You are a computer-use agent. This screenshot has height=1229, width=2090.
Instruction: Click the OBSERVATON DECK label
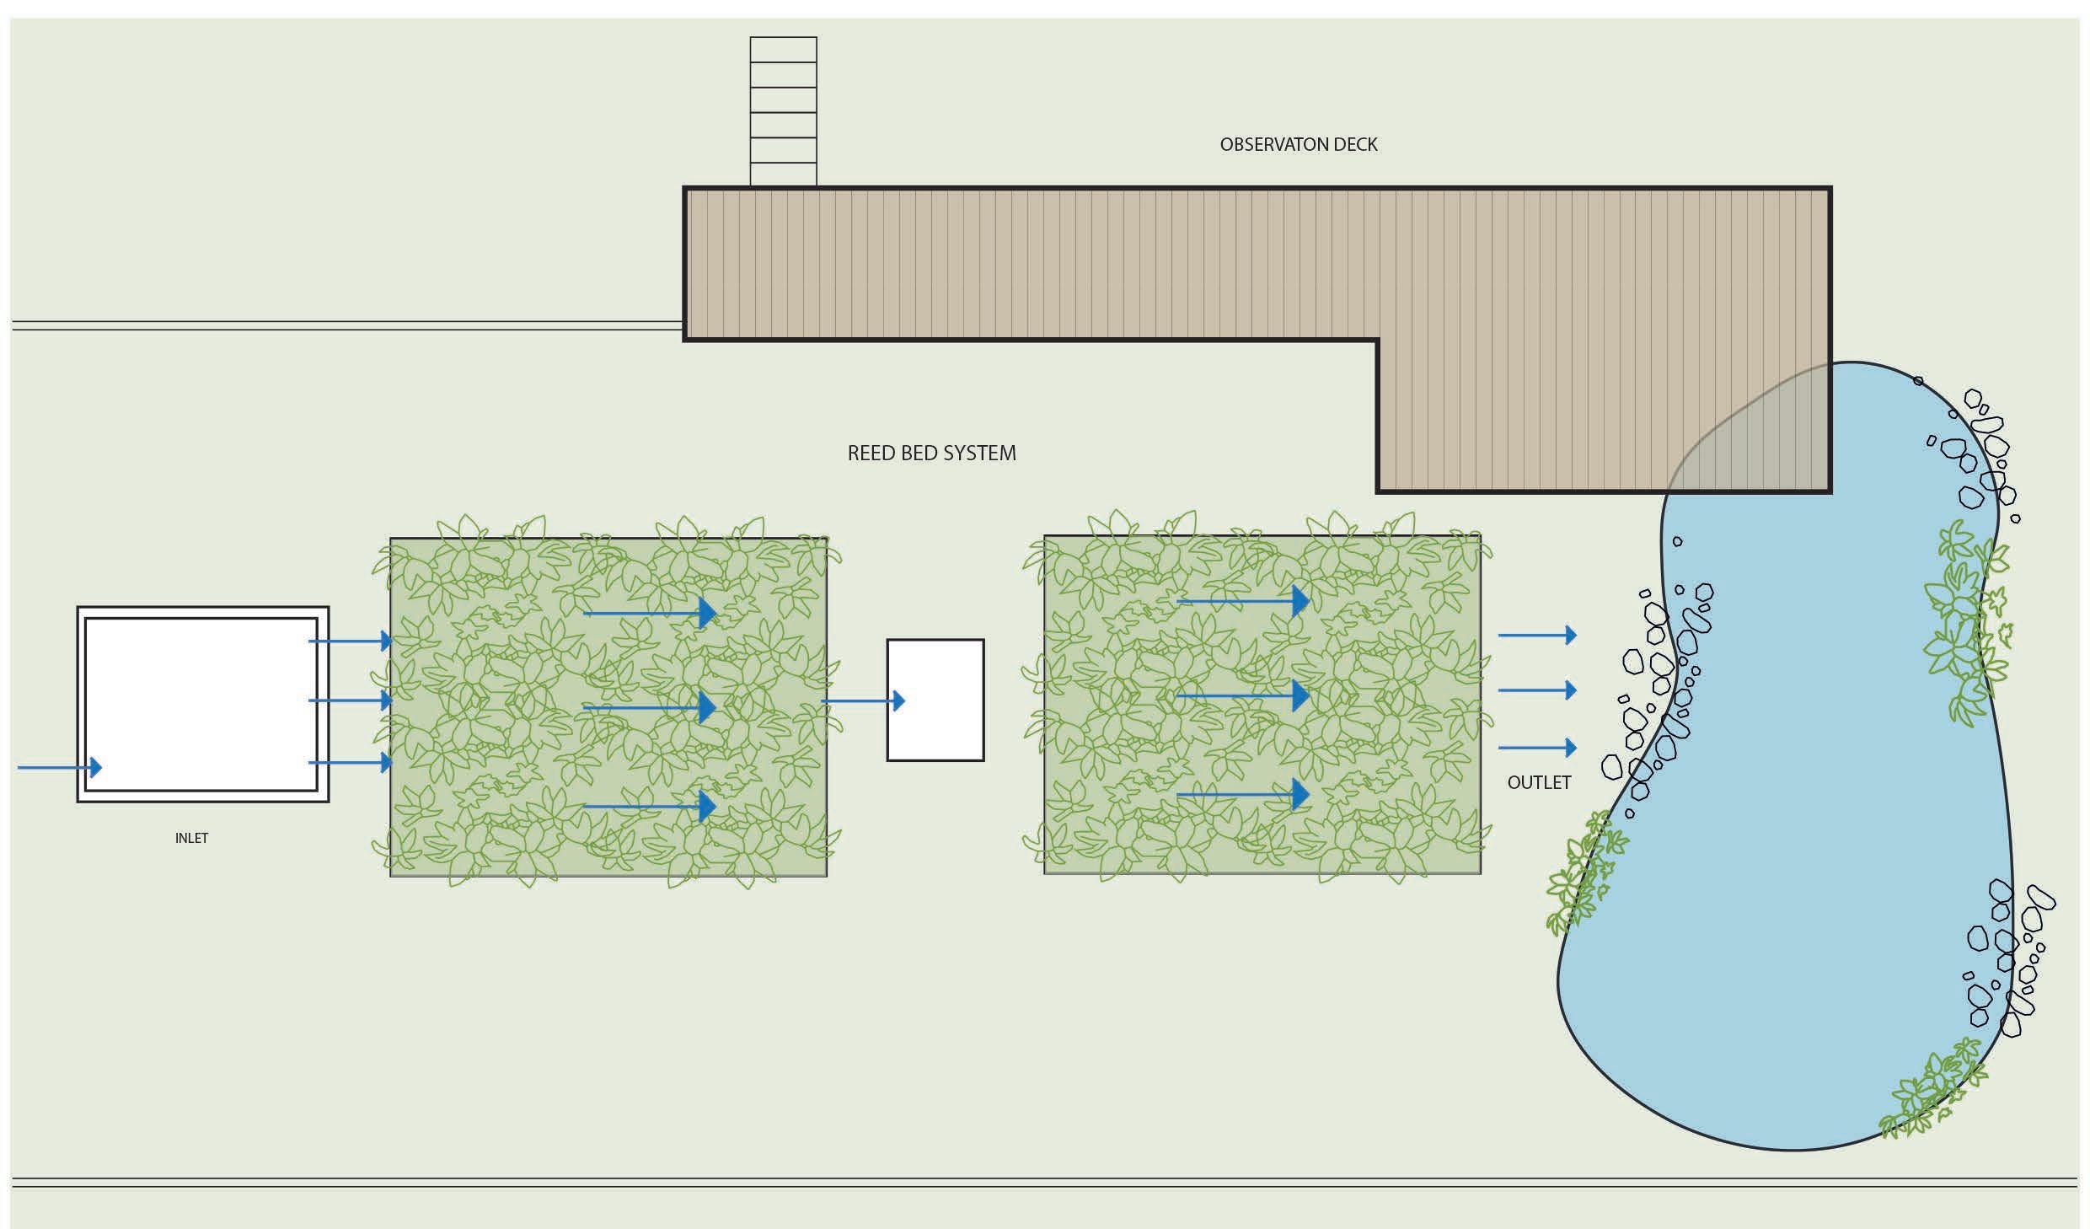coord(1298,144)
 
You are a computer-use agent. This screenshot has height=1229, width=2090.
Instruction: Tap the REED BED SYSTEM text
coord(931,453)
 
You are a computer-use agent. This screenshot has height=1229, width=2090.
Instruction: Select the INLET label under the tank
coord(191,838)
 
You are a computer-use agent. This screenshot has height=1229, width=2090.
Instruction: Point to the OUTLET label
coord(1539,783)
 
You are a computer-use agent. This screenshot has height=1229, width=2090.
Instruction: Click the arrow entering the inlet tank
coord(60,767)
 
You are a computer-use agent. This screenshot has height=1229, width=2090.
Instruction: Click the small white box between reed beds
coord(935,700)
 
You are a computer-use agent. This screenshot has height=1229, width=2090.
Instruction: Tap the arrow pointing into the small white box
coord(863,700)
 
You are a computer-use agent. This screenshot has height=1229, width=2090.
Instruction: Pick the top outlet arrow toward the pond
coord(1537,635)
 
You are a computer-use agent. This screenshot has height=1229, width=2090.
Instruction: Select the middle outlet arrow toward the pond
coord(1537,690)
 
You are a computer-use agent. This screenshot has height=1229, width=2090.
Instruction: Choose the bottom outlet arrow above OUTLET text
coord(1537,747)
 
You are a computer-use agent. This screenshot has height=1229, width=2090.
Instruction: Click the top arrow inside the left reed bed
coord(650,613)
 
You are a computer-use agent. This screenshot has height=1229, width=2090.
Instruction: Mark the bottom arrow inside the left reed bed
coord(650,806)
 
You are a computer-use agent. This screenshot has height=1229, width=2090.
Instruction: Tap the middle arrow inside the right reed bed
coord(1243,695)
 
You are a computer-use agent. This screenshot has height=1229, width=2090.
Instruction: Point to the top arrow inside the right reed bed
coord(1243,601)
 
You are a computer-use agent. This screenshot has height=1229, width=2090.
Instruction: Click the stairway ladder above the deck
coord(783,111)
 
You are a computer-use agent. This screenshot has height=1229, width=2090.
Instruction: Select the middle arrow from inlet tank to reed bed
coord(351,700)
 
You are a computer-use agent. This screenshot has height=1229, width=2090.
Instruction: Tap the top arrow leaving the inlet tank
coord(351,641)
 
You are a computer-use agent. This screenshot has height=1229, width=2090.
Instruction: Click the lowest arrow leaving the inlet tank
coord(351,763)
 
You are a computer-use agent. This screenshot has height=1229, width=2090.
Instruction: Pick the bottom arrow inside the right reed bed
coord(1243,794)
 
